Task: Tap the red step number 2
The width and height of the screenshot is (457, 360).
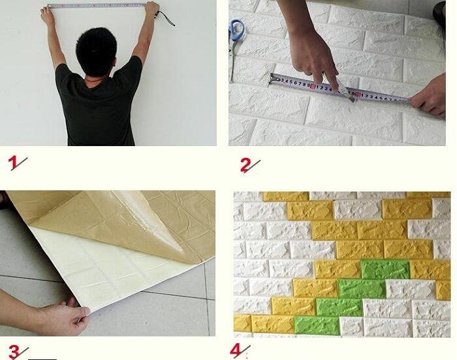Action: (245, 165)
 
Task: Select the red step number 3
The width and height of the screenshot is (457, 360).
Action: (14, 352)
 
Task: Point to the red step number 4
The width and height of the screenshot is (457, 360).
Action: (236, 350)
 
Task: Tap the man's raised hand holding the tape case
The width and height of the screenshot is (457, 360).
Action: (151, 9)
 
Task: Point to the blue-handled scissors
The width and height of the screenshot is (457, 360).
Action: (236, 36)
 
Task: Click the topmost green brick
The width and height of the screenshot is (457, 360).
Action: (385, 269)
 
